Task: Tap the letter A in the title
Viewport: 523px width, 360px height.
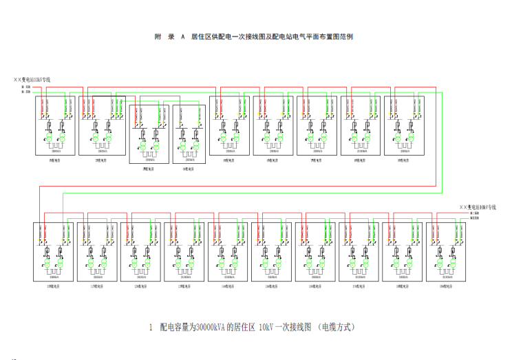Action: (x=183, y=36)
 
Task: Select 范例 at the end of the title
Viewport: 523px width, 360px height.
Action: (x=348, y=36)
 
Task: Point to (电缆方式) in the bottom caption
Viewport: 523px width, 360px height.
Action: (x=337, y=327)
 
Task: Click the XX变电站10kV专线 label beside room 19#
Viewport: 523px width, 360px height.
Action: (x=478, y=207)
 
